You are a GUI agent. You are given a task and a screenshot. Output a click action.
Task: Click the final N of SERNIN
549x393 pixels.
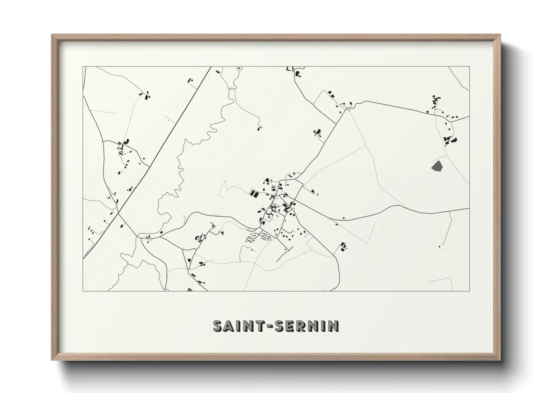(333, 326)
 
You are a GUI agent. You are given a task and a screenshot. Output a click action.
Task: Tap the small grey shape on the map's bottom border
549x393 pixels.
(190, 289)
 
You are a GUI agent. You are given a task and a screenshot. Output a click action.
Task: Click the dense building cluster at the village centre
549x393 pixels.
(276, 202)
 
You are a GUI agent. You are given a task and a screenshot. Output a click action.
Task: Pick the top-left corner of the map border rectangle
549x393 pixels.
(83, 67)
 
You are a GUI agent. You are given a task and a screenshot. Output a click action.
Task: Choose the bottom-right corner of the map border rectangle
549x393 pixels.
(470, 291)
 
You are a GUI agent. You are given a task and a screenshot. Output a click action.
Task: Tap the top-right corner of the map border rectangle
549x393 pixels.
(470, 67)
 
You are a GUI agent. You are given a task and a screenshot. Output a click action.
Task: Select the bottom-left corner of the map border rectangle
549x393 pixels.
(83, 291)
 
